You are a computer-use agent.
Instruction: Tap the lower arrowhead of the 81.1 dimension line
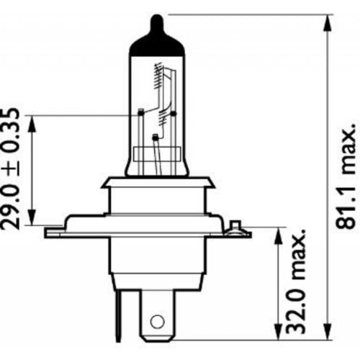326,335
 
